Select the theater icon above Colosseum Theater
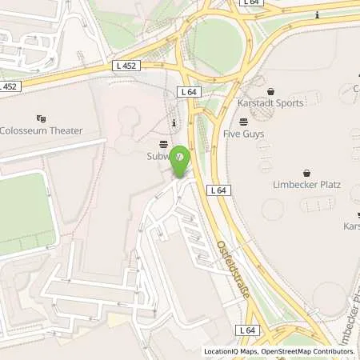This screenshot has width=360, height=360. point(42,117)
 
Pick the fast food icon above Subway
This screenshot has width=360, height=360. point(164,144)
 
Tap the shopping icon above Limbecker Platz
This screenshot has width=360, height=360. point(307,173)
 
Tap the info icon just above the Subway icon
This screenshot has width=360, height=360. point(174,122)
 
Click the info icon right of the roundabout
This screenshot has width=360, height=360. point(318,14)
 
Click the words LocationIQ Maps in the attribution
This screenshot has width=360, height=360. point(230,351)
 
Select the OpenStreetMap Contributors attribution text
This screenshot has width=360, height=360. point(310,351)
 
